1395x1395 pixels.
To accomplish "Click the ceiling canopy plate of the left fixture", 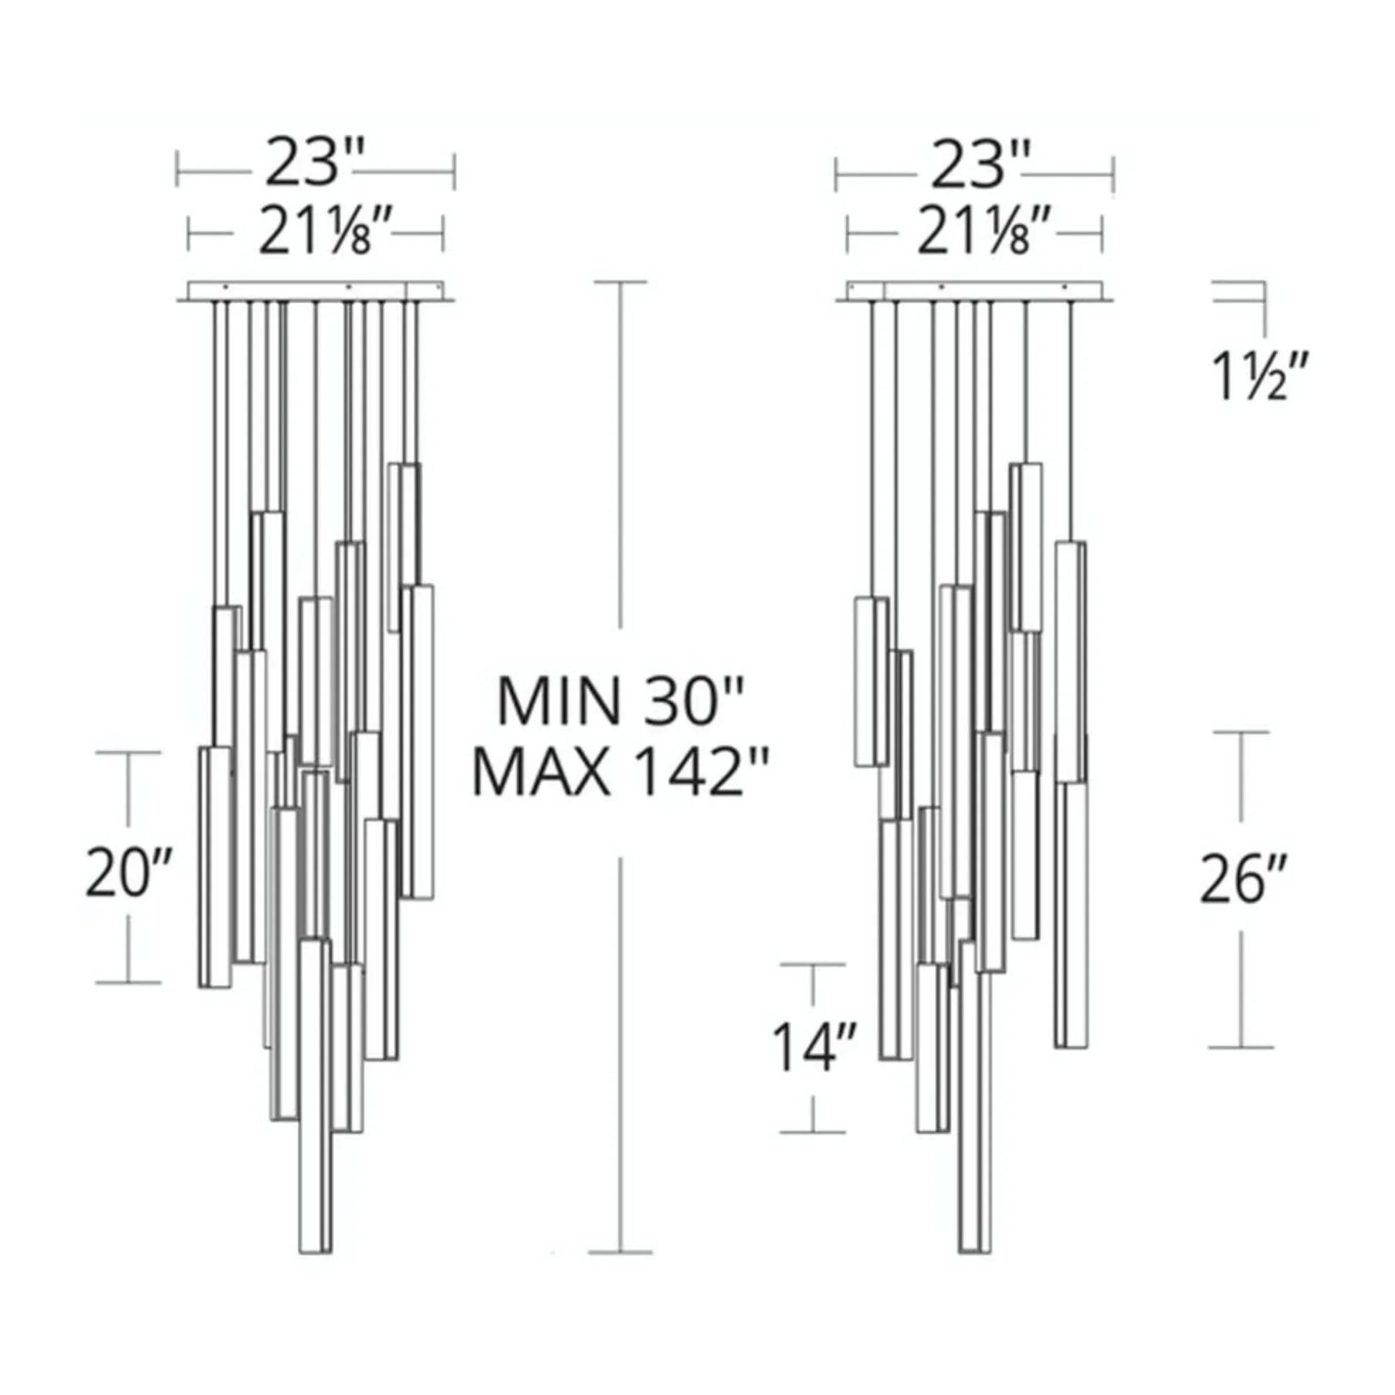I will coord(315,290).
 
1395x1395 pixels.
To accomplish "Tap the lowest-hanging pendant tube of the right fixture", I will coord(975,1156).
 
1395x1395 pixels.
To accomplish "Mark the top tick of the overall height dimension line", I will coord(619,283).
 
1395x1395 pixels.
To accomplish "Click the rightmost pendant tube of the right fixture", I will coord(1071,903).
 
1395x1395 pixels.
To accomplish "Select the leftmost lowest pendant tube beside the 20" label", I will coord(215,867).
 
